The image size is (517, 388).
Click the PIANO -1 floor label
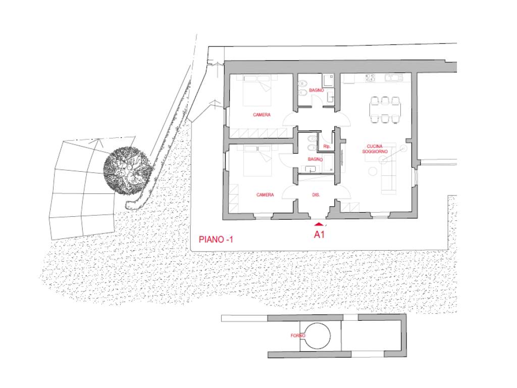pyautogui.click(x=216, y=239)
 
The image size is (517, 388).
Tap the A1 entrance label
pyautogui.click(x=319, y=234)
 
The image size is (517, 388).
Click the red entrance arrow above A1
pyautogui.click(x=319, y=224)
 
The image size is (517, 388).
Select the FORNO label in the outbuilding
pyautogui.click(x=298, y=335)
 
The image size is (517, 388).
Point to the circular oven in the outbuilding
pyautogui.click(x=317, y=336)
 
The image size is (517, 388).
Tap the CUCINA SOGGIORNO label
pyautogui.click(x=375, y=149)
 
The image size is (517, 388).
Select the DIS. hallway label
pyautogui.click(x=316, y=195)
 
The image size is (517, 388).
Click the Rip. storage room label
pyautogui.click(x=327, y=146)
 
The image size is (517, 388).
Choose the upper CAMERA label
pyautogui.click(x=262, y=115)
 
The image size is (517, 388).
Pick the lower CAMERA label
pyautogui.click(x=265, y=195)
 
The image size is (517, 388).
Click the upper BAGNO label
pyautogui.click(x=316, y=90)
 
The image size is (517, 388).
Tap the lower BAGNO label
pyautogui.click(x=315, y=159)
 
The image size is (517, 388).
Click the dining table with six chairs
pyautogui.click(x=385, y=110)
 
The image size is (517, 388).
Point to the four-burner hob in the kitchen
pyautogui.click(x=370, y=77)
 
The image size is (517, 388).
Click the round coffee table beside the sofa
pyautogui.click(x=373, y=171)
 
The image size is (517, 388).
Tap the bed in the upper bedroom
pyautogui.click(x=257, y=90)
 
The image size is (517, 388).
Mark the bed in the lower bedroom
pyautogui.click(x=257, y=161)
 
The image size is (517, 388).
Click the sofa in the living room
pyautogui.click(x=388, y=168)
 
